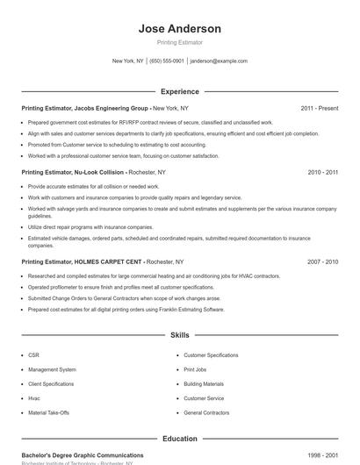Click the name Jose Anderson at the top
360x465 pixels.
point(180,29)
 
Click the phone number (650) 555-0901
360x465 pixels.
point(167,61)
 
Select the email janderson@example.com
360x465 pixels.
point(219,61)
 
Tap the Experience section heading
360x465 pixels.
point(180,91)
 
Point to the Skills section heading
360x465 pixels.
point(180,335)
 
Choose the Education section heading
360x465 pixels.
point(180,438)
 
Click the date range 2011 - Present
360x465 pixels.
point(319,108)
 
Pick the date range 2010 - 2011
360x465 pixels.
point(322,173)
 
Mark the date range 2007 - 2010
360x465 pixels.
point(322,261)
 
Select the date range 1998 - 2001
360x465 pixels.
point(322,455)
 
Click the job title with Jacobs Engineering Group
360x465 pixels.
point(85,108)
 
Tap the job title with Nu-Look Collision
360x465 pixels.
point(74,173)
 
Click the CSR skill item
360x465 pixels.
point(34,355)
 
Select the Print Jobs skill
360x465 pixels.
point(195,369)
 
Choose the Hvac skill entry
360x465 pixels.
point(35,398)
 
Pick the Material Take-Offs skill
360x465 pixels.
point(47,412)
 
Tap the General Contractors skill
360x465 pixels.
point(206,412)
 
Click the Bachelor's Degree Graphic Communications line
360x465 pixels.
point(83,455)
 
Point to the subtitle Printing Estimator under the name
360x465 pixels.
point(180,42)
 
